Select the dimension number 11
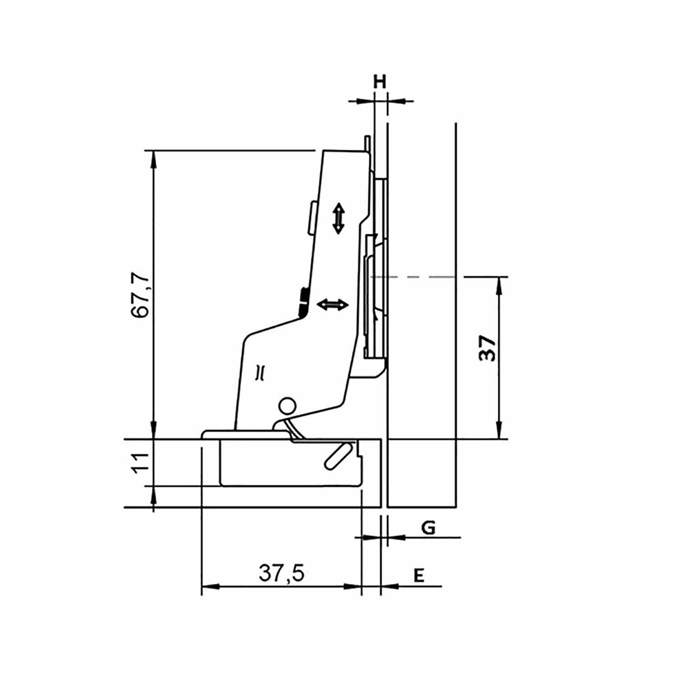point(141,462)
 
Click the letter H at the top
point(380,82)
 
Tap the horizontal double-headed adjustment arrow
point(333,305)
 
